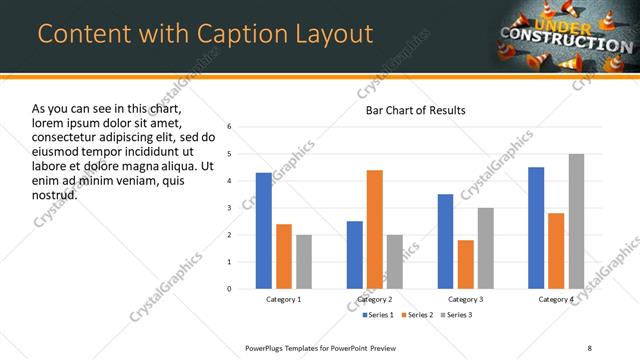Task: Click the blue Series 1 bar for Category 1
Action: pyautogui.click(x=263, y=231)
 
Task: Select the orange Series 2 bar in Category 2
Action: pyautogui.click(x=375, y=229)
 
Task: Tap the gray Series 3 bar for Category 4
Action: pyautogui.click(x=576, y=221)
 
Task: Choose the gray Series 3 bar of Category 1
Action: pyautogui.click(x=303, y=262)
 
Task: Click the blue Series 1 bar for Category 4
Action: pyautogui.click(x=536, y=228)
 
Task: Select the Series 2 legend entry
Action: pyautogui.click(x=419, y=315)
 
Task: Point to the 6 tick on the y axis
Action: pyautogui.click(x=230, y=127)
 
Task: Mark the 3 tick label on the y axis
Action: pyautogui.click(x=230, y=208)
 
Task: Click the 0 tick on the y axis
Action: pyautogui.click(x=230, y=289)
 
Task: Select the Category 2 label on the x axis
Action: pyautogui.click(x=375, y=300)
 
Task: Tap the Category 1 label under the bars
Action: pyautogui.click(x=284, y=300)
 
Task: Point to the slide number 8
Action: pyautogui.click(x=590, y=347)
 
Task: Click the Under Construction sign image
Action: pyautogui.click(x=565, y=35)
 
